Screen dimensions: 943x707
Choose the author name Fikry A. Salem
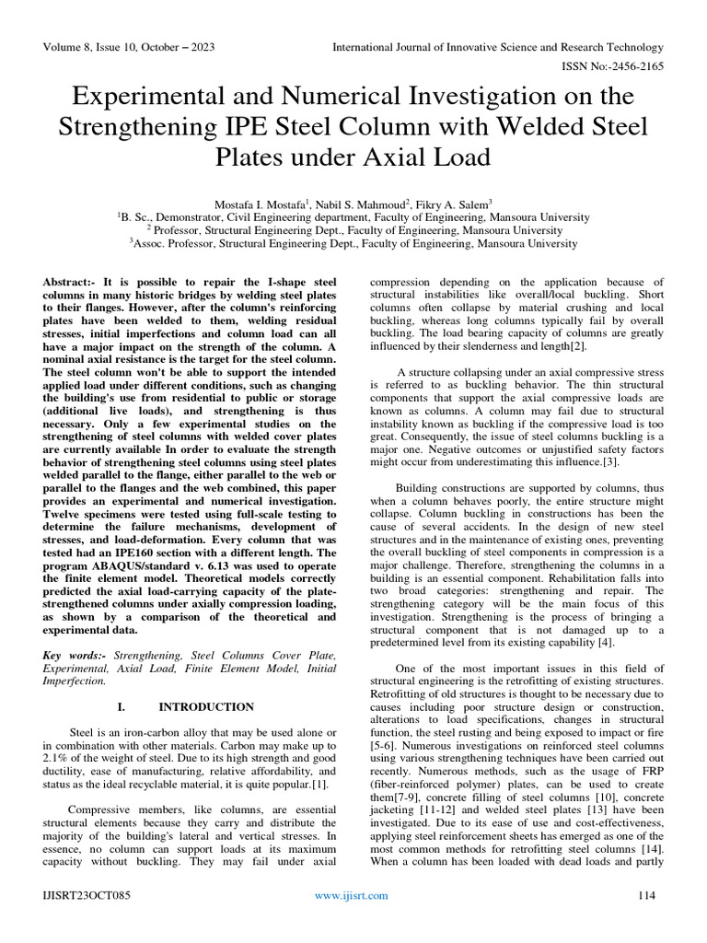[x=454, y=202]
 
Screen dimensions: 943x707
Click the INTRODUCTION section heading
[x=206, y=707]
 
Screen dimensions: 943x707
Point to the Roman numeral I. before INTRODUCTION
[x=121, y=707]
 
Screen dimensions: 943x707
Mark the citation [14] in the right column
[x=650, y=848]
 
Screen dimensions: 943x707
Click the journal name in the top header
[x=497, y=47]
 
